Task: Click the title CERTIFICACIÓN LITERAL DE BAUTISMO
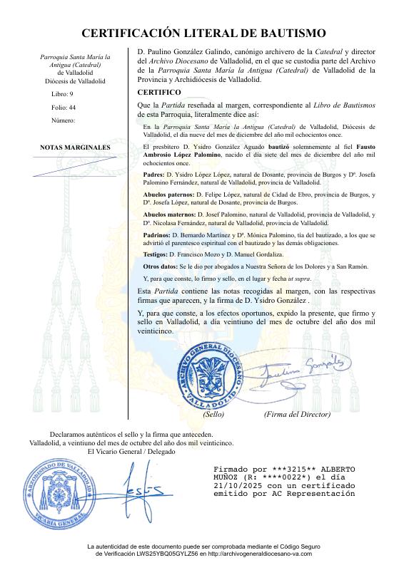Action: point(203,33)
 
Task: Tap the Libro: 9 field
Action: point(63,94)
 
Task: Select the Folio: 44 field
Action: point(64,107)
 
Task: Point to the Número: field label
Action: point(64,120)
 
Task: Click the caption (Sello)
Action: point(213,413)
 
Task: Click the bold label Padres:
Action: point(154,175)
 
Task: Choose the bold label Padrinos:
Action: point(157,234)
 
